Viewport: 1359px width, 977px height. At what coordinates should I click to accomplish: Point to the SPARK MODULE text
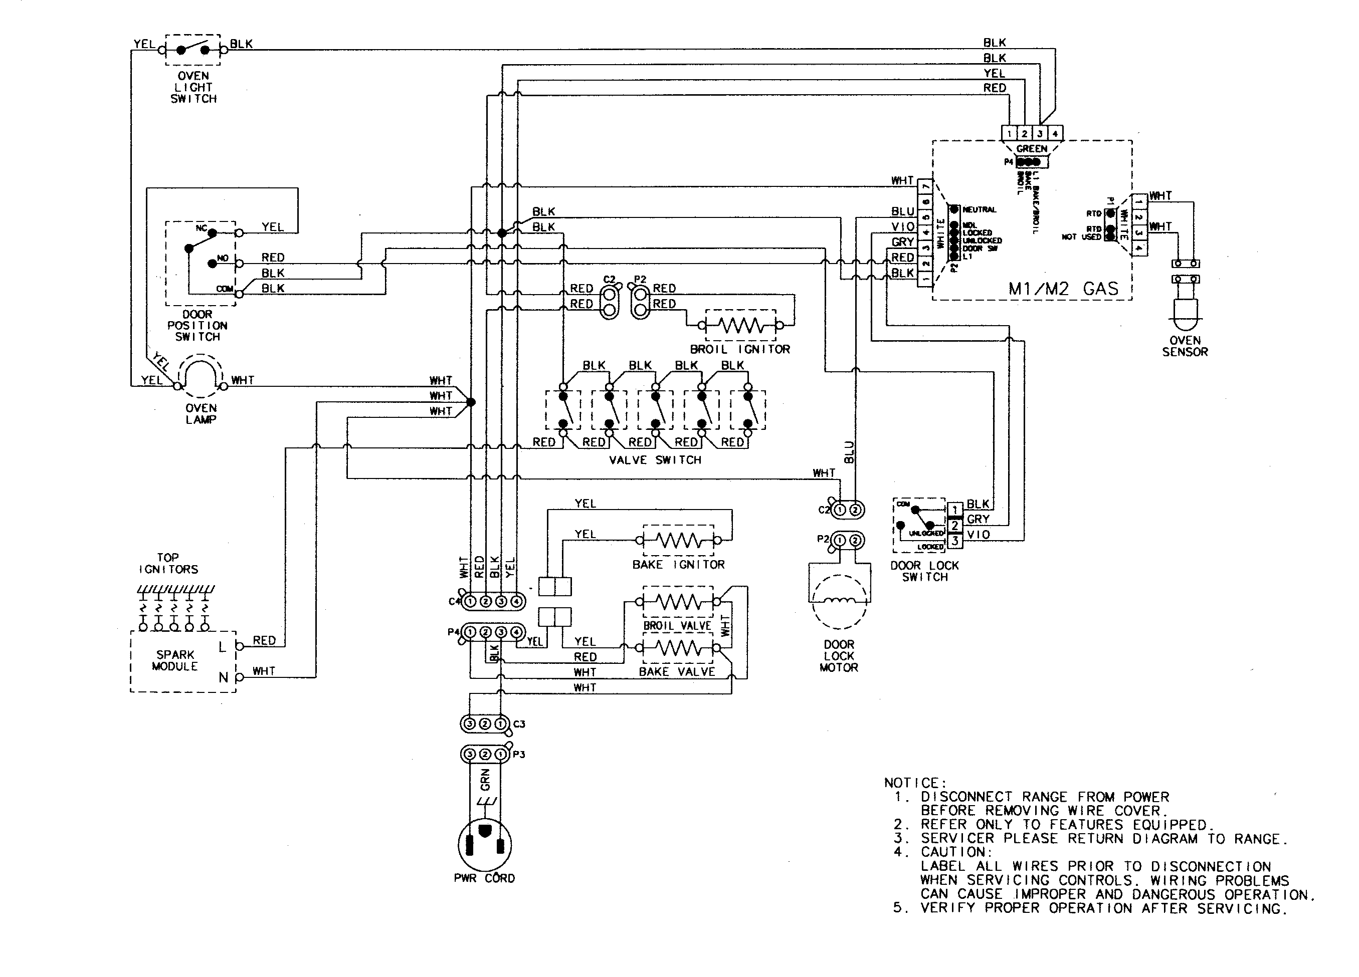click(x=174, y=660)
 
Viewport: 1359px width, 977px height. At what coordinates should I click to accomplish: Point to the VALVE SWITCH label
click(x=655, y=460)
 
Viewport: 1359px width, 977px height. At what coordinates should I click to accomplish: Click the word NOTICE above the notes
click(x=914, y=783)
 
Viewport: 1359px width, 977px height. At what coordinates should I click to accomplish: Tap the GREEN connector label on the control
click(x=1031, y=149)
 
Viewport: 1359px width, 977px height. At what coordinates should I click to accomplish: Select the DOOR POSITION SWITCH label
click(x=197, y=325)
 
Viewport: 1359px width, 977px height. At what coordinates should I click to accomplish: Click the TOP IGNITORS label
click(x=168, y=563)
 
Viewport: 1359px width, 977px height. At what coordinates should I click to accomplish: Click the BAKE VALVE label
click(x=677, y=671)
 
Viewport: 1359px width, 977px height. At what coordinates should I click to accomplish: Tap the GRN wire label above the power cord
click(x=485, y=779)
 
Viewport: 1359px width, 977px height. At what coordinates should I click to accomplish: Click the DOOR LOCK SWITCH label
click(x=924, y=571)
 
